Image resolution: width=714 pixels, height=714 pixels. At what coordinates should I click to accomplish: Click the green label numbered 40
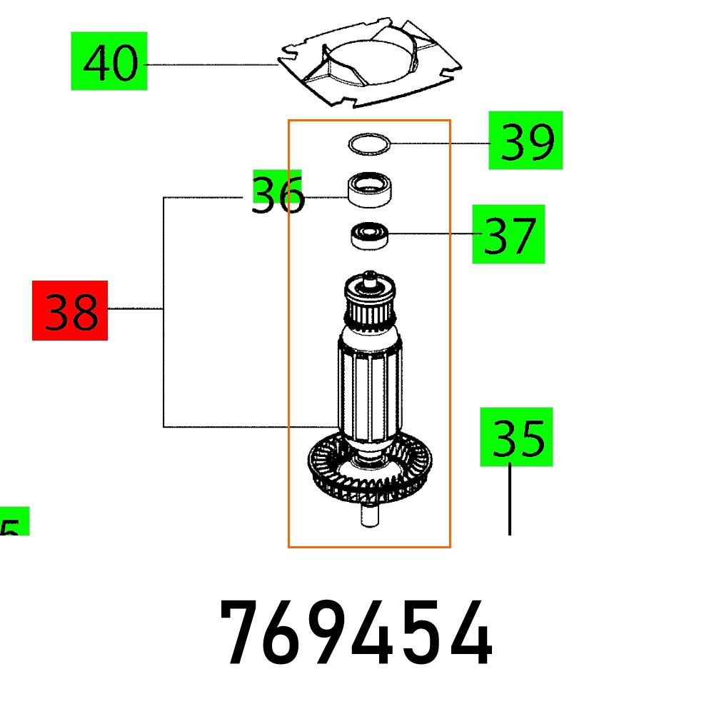click(109, 61)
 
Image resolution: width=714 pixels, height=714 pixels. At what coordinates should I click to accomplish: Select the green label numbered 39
click(526, 140)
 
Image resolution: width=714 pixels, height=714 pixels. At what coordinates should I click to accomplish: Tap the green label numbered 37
click(508, 234)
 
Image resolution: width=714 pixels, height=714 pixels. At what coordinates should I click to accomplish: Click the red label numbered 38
click(70, 311)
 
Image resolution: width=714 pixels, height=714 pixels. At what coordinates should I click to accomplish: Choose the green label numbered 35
click(516, 437)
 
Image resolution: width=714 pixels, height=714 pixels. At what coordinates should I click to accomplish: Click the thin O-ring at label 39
click(370, 145)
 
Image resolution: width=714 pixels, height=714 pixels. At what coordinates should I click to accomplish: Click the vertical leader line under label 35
click(509, 500)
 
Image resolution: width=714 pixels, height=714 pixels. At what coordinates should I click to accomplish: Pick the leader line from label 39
click(439, 144)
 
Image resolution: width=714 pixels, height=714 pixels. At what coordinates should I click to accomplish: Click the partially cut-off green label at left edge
click(13, 522)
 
